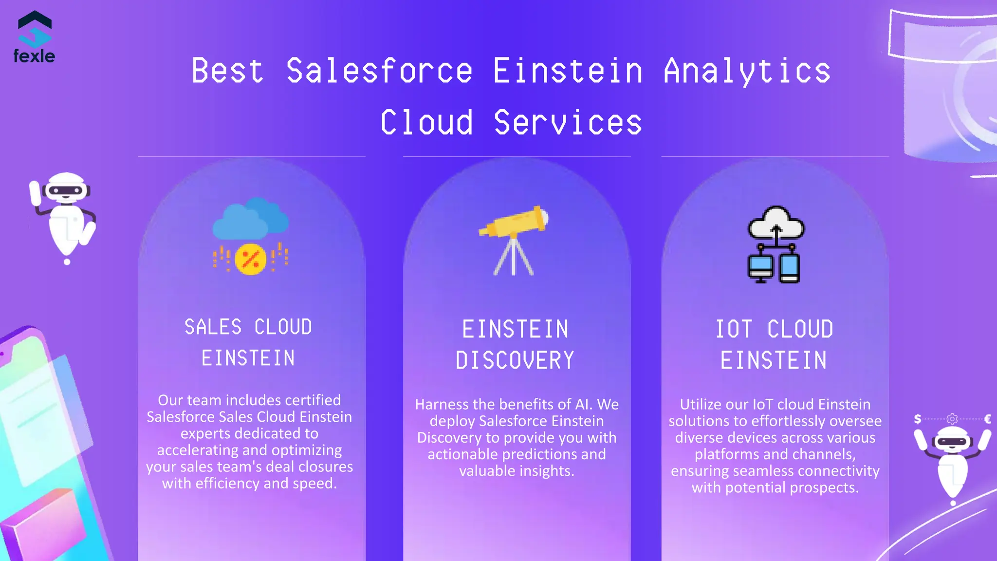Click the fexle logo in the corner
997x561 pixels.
(34, 37)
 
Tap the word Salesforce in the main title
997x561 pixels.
(379, 71)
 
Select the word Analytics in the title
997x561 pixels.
(747, 71)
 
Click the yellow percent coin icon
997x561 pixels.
(250, 259)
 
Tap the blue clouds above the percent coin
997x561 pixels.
(250, 218)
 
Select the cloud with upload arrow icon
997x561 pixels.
(776, 224)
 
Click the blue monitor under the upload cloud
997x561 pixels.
(760, 267)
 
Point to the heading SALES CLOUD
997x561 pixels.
(248, 327)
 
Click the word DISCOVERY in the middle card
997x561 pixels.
(515, 361)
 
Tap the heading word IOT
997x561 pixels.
(734, 329)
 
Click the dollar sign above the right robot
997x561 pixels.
(917, 419)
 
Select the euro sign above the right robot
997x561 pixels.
(987, 419)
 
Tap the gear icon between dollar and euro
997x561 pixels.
(952, 419)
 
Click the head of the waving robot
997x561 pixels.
(66, 187)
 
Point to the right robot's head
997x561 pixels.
(952, 440)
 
